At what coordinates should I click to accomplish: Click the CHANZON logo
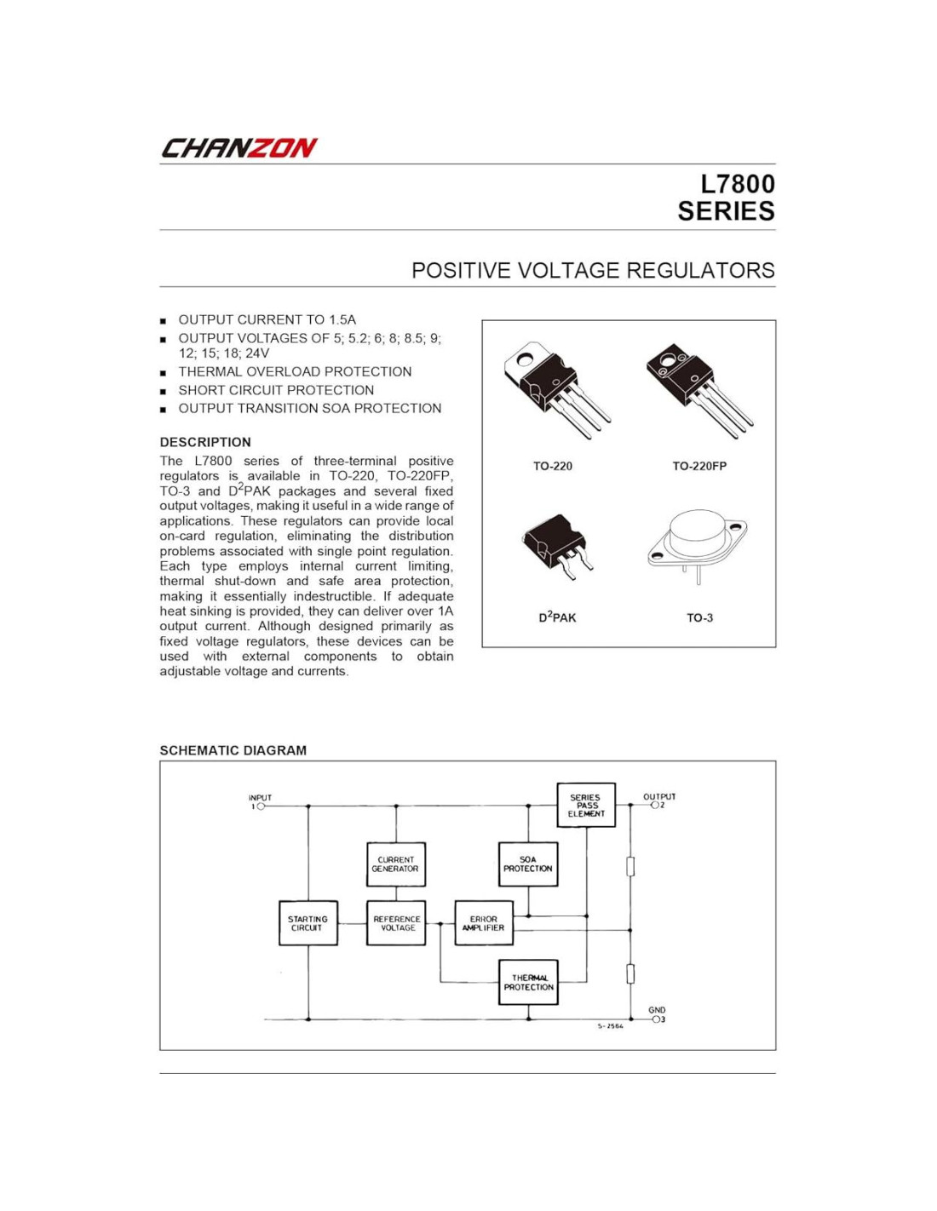239,148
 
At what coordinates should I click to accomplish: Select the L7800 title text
737,185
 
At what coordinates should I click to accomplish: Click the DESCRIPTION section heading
205,442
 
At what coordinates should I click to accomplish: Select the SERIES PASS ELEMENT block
586,806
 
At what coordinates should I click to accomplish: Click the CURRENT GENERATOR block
395,864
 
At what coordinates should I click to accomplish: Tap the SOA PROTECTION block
528,864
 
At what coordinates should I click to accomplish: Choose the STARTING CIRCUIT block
308,923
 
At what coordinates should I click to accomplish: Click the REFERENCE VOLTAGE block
396,923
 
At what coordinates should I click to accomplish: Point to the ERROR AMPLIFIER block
484,923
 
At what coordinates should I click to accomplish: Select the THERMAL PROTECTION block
528,982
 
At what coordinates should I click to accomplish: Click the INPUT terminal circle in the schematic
262,806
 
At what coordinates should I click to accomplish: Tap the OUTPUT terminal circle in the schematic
654,805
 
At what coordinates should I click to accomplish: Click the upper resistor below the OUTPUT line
630,866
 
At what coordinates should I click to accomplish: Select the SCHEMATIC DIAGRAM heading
233,750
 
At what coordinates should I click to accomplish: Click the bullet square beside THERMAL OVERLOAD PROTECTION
163,373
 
